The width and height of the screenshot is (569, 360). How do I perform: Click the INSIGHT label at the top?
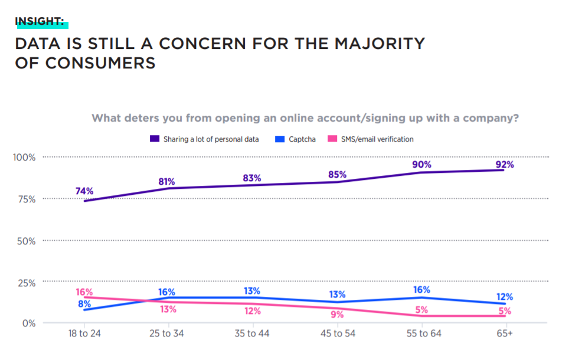click(40, 21)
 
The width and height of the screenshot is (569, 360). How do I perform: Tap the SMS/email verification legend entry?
click(374, 139)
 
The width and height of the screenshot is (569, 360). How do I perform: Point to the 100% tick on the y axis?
click(24, 158)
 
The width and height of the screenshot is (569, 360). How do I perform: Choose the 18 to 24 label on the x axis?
click(84, 334)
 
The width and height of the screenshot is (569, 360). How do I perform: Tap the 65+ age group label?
click(504, 334)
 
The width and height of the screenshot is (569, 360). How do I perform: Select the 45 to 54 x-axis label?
click(337, 334)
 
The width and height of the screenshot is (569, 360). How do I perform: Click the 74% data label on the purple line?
click(84, 191)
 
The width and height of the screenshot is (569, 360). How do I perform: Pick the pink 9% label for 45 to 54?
click(337, 315)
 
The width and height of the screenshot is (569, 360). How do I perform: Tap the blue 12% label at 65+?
click(504, 297)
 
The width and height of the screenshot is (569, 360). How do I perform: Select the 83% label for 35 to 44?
click(252, 178)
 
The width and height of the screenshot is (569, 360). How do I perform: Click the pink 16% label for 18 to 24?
click(84, 292)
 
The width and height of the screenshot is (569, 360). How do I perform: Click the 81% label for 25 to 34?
click(168, 182)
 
